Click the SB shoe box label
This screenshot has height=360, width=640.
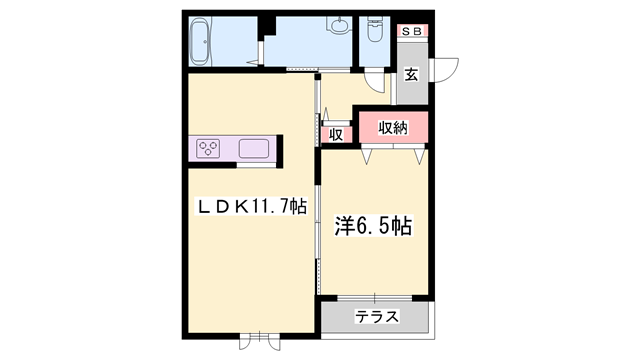point(411,32)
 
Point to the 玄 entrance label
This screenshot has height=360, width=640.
point(411,73)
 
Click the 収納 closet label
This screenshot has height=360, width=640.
point(392,127)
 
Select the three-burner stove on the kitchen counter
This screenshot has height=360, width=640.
point(210,150)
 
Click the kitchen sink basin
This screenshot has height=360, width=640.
point(253,150)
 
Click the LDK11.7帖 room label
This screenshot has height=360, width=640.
point(249,206)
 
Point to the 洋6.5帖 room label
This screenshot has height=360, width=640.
point(372,226)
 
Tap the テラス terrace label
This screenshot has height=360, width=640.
point(377,317)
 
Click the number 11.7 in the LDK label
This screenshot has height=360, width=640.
point(269,206)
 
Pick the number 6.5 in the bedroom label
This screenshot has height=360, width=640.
point(377,226)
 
